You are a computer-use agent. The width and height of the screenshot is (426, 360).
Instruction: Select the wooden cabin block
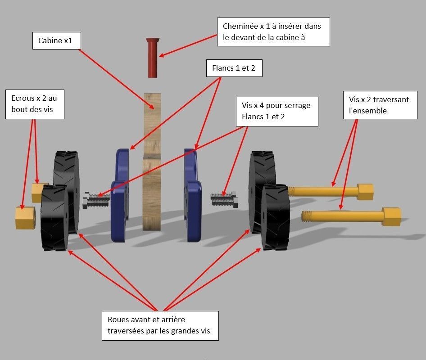coord(152,162)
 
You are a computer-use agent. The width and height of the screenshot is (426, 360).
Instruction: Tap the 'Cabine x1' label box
coord(56,41)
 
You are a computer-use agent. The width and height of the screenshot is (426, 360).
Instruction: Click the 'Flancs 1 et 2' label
coord(234,68)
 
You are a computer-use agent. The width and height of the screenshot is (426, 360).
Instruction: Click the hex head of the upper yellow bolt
coord(365,191)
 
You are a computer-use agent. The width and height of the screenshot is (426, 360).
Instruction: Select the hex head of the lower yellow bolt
coord(391,216)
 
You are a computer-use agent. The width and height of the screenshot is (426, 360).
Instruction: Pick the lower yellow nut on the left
coord(25,217)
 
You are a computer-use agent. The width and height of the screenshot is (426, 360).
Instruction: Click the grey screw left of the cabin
coord(96,200)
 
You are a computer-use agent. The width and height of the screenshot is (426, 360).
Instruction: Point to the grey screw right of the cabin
coord(224,198)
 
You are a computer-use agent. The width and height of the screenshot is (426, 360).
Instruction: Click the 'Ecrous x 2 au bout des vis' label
coord(35,104)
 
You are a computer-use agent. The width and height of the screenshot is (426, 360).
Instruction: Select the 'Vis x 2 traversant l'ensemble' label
coord(379,105)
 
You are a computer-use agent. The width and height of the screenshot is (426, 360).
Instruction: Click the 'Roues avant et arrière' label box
coord(159,325)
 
